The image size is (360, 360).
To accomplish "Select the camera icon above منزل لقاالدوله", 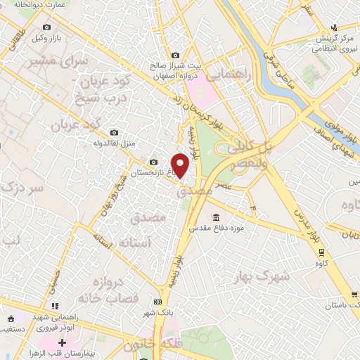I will point(114,132).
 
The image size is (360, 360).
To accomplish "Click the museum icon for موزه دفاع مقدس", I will point(216,217).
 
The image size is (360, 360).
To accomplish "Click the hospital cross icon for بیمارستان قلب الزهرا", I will point(63,343).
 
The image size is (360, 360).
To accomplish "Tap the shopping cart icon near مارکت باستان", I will point(353,296).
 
